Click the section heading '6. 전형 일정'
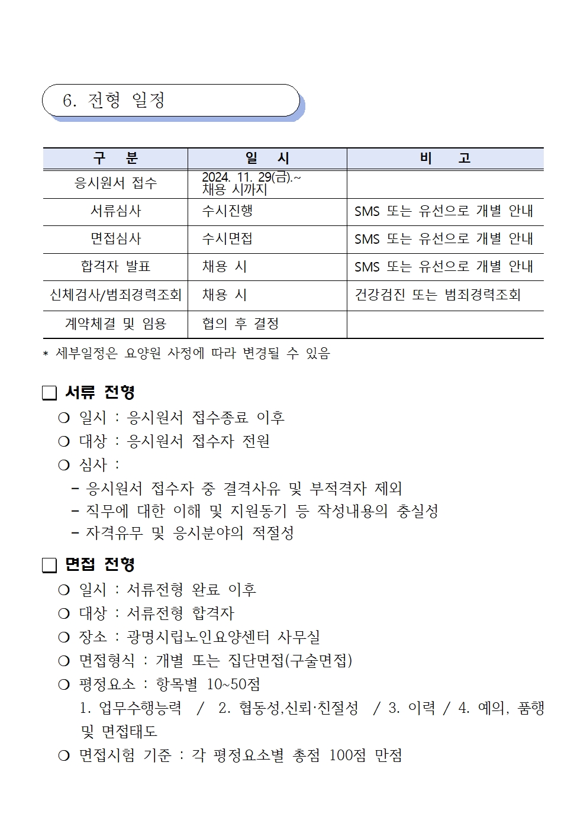pyautogui.click(x=114, y=101)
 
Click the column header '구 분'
pyautogui.click(x=115, y=159)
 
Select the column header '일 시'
pyautogui.click(x=267, y=159)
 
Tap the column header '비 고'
pyautogui.click(x=445, y=159)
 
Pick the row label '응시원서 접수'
pyautogui.click(x=115, y=183)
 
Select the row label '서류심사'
pyautogui.click(x=115, y=211)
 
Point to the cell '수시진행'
pyautogui.click(x=227, y=211)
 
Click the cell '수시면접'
pyautogui.click(x=227, y=239)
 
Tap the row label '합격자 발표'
pyautogui.click(x=115, y=267)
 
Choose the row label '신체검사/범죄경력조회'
pyautogui.click(x=115, y=295)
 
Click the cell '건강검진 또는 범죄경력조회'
pyautogui.click(x=437, y=295)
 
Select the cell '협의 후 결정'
pyautogui.click(x=240, y=324)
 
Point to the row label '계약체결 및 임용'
pyautogui.click(x=115, y=324)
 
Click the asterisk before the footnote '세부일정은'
pyautogui.click(x=46, y=354)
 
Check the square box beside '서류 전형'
pyautogui.click(x=50, y=393)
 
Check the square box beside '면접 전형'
pyautogui.click(x=50, y=566)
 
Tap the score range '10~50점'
pyautogui.click(x=234, y=684)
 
